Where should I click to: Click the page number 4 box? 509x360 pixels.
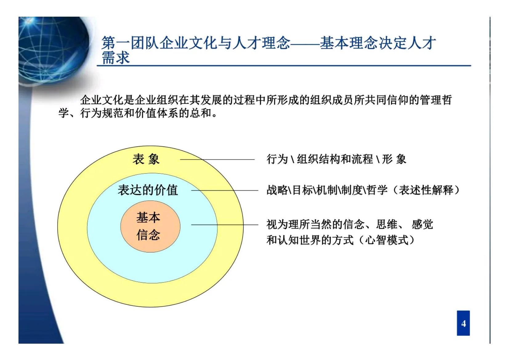463,323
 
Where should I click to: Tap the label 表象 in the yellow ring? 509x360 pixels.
146,159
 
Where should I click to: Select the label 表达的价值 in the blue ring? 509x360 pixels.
148,190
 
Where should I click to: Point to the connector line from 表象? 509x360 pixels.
217,159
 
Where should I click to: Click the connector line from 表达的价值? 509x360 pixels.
225,190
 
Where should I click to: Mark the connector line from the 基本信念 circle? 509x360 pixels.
225,225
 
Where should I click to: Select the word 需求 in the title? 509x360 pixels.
115,58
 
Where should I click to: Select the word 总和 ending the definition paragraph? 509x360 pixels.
201,113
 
